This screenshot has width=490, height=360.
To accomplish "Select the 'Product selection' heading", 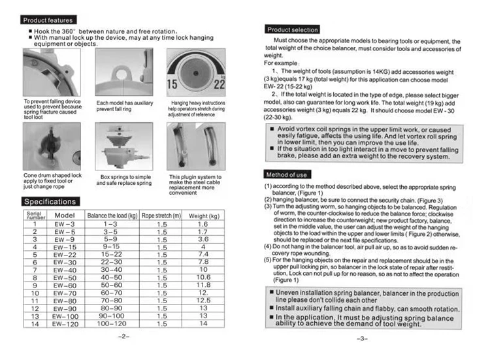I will [292, 29].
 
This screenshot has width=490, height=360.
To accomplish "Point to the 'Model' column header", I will [65, 215].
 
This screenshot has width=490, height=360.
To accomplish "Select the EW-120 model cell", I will [65, 323].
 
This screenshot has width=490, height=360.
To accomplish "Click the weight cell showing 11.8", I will [203, 285].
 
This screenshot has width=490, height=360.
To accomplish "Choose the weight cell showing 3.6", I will [203, 239].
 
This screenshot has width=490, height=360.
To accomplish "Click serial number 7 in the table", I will [34, 269].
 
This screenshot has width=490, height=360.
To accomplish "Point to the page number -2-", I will [125, 339].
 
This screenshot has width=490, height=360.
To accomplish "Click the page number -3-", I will [363, 339].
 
